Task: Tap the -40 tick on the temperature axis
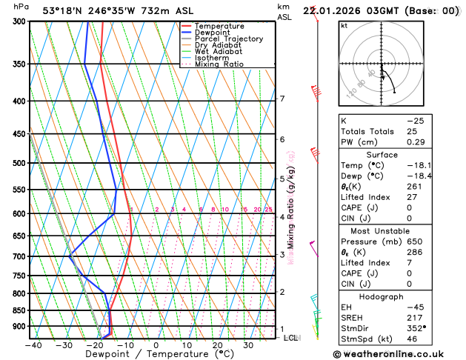point(33,344)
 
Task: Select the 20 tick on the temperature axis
point(217,344)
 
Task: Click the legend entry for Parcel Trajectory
point(228,39)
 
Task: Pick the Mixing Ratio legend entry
point(219,64)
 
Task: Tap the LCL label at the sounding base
point(291,338)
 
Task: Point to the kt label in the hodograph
point(344,25)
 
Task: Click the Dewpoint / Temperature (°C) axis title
point(155,355)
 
